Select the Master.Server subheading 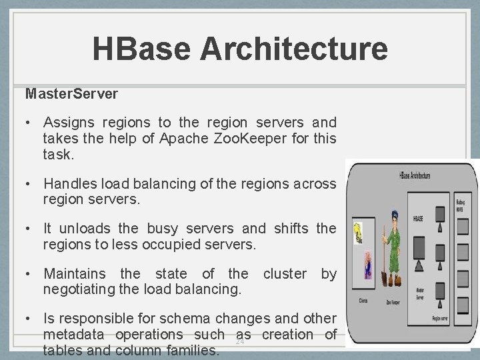(71, 94)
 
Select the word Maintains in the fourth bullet (75, 274)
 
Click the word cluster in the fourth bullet (285, 274)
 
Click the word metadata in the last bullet (75, 335)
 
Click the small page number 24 (240, 341)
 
